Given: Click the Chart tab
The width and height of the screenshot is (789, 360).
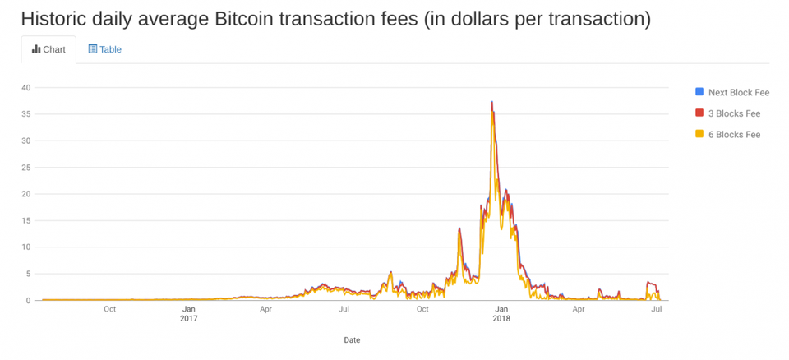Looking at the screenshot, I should [x=48, y=49].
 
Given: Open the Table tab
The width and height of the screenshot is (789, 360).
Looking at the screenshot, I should [x=104, y=49].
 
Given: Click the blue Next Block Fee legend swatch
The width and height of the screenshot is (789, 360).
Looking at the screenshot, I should [x=699, y=92].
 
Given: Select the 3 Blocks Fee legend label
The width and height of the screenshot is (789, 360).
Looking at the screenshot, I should [x=734, y=113].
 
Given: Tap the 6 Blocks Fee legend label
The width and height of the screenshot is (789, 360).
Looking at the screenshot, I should [x=734, y=134].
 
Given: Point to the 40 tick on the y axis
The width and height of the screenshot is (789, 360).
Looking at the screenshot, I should [x=26, y=88].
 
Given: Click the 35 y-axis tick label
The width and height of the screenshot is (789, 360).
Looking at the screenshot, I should [x=26, y=114].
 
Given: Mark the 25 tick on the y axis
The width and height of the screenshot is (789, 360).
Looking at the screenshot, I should [x=26, y=168].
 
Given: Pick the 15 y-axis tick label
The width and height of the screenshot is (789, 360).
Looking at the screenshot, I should [x=26, y=220].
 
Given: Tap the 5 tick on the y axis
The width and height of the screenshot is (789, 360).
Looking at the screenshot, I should [x=28, y=274].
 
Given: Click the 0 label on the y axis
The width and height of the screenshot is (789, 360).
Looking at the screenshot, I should [x=28, y=300].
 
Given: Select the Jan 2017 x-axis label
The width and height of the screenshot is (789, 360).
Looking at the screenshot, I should [x=188, y=313].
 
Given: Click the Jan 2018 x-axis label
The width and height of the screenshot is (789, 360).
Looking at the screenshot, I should [x=501, y=313].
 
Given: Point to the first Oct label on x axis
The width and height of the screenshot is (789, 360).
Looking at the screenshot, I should [x=109, y=309].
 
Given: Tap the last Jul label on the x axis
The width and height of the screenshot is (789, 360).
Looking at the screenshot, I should [x=657, y=309].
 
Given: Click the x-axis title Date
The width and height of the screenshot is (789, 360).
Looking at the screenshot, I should [x=352, y=339].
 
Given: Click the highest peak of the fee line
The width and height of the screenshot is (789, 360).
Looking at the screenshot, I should [x=491, y=102].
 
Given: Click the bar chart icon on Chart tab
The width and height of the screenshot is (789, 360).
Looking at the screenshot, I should [x=36, y=49].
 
